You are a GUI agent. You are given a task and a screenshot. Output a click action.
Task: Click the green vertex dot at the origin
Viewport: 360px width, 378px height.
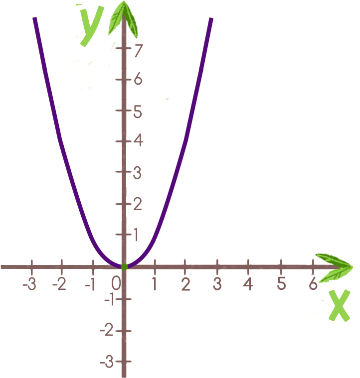[x=124, y=266]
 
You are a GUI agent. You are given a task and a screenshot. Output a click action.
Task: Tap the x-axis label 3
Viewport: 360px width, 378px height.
[x=217, y=284]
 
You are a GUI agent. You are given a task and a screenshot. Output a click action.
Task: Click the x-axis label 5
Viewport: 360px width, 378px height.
[x=281, y=284]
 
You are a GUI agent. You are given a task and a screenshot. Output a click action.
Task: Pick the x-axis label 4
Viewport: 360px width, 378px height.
[x=248, y=284]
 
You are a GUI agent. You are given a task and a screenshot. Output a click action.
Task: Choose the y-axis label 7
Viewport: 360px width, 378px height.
[x=138, y=50]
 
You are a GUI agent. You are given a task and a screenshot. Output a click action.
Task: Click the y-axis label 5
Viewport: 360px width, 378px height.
[x=137, y=113]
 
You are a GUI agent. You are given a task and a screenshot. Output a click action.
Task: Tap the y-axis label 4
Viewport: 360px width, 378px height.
[x=137, y=141]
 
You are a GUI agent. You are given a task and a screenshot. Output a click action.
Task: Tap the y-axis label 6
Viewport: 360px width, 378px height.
[x=137, y=79]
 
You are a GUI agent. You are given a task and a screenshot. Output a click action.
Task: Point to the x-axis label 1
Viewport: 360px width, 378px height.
[x=155, y=284]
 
